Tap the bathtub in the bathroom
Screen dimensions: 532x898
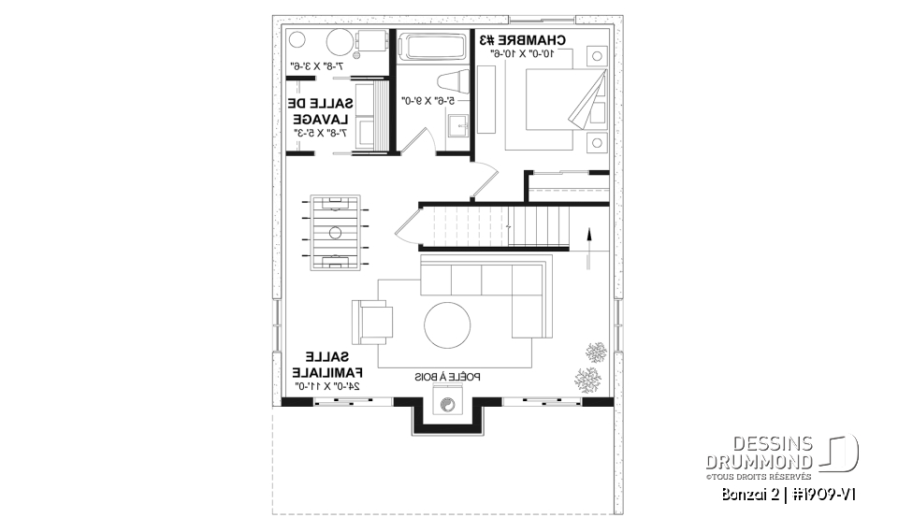pos(433,46)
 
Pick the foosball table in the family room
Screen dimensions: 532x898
pos(331,230)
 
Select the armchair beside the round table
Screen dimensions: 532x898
pos(373,322)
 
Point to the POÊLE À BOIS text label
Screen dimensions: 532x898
pos(448,377)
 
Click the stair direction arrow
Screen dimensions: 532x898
pos(588,246)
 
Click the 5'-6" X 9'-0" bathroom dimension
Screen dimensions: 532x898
pos(428,100)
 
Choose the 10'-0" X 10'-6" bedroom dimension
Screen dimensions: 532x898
pos(524,54)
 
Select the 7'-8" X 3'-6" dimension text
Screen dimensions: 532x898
pos(318,67)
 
